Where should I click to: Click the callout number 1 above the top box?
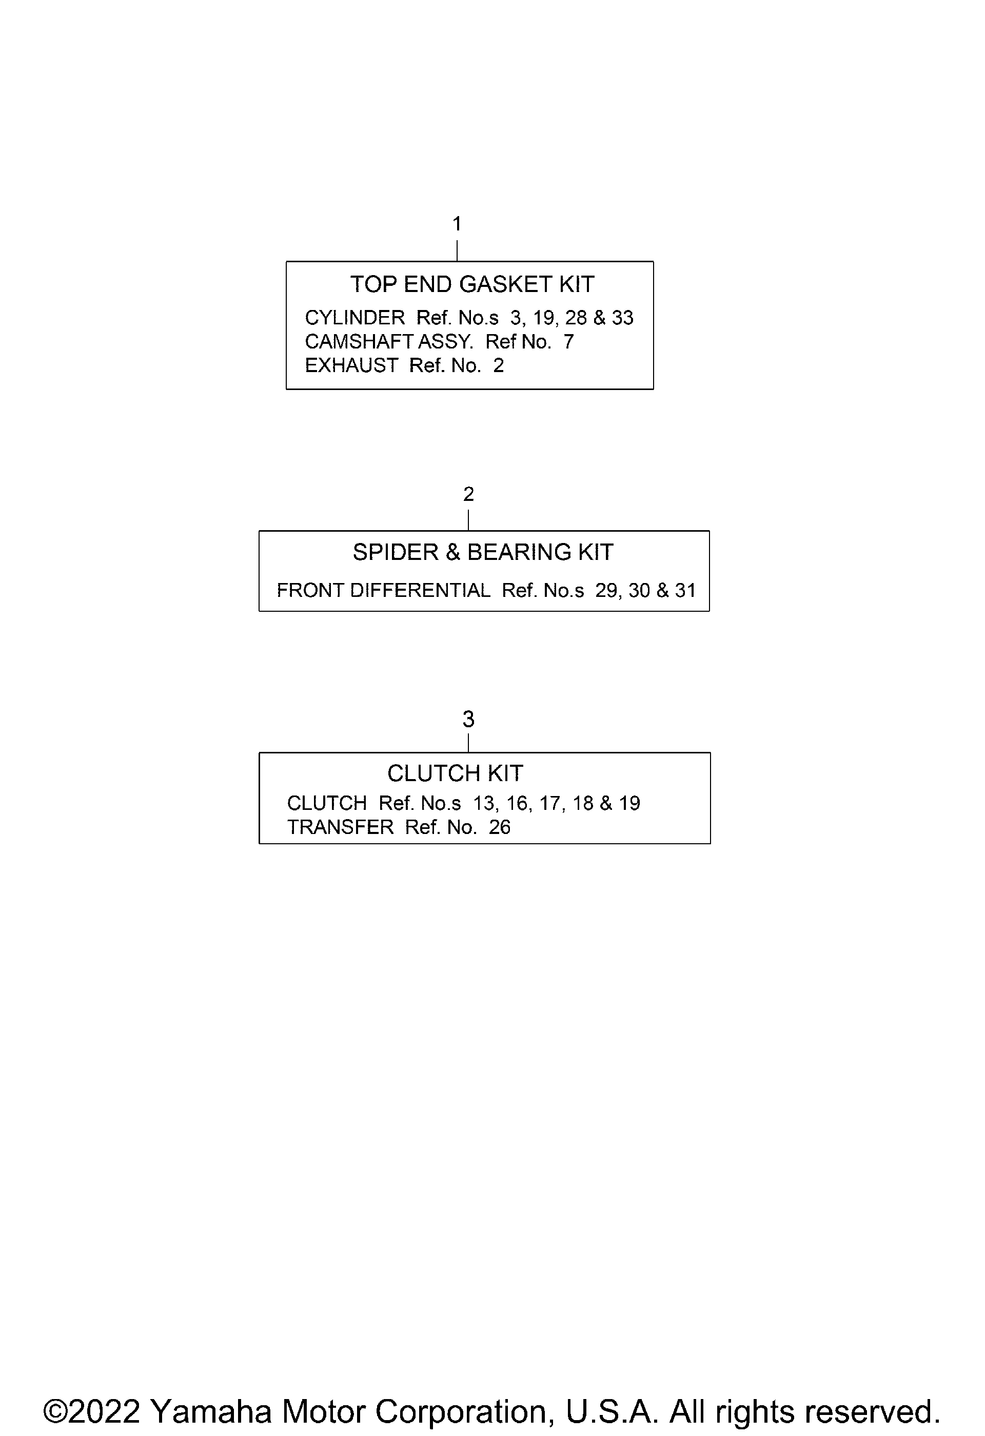[x=457, y=224]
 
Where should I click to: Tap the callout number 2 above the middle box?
[x=469, y=494]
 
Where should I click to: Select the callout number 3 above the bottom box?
[x=469, y=719]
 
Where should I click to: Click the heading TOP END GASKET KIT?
[x=472, y=284]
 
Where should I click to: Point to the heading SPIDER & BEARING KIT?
[x=483, y=552]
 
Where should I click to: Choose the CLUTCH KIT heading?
[x=455, y=773]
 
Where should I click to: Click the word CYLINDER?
[x=355, y=318]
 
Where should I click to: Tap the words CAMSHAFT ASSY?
[x=389, y=342]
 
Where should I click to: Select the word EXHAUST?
[x=352, y=366]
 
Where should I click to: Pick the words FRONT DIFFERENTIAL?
[x=384, y=591]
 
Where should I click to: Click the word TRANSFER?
[x=340, y=827]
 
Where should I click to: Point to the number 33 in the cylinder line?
[x=622, y=318]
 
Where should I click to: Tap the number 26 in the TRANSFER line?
[x=500, y=827]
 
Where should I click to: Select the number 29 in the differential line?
[x=606, y=591]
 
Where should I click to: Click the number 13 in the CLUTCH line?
[x=485, y=803]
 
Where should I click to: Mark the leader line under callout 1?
[x=457, y=251]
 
